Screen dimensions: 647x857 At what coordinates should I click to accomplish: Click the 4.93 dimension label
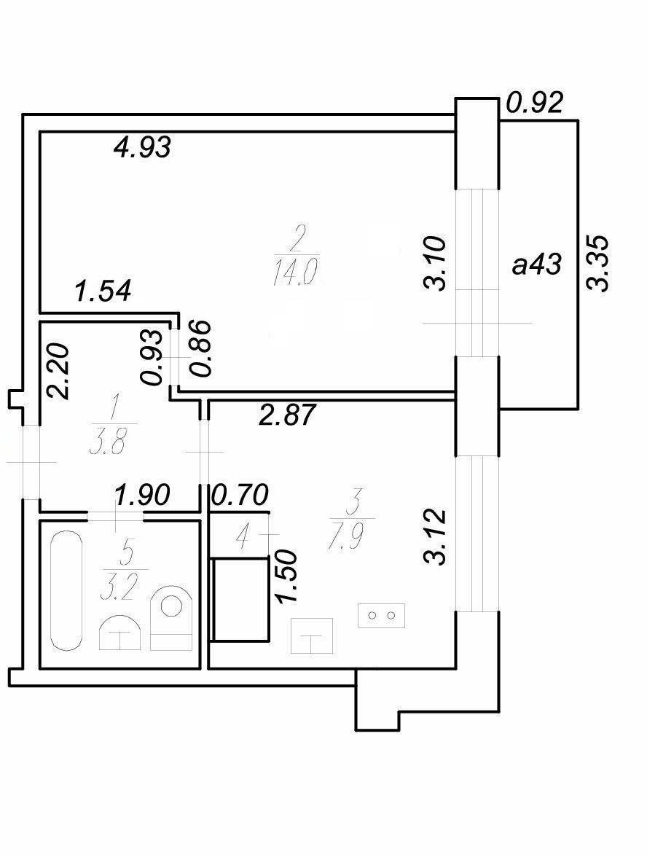coord(141,146)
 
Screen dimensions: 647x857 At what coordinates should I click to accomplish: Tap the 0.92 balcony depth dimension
coord(535,102)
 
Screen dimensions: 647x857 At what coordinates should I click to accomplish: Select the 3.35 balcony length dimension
coord(597,264)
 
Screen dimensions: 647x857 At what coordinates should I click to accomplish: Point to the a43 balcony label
coord(536,265)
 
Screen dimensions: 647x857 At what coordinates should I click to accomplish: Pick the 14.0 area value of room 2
coord(296,273)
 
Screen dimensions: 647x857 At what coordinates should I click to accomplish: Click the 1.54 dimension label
coord(103,290)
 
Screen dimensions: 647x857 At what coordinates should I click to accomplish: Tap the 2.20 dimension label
coord(58,371)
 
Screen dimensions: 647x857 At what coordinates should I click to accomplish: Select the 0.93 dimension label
coord(152,357)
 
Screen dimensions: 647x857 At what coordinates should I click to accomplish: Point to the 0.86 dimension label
coord(199,348)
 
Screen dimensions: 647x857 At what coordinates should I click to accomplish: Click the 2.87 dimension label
coord(287,415)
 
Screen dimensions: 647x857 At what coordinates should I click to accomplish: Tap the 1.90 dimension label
coord(141,495)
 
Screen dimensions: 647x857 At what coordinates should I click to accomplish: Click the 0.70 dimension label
coord(240,495)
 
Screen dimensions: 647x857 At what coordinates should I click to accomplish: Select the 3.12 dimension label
coord(435,536)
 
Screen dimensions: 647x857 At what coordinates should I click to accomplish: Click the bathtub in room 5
coord(66,592)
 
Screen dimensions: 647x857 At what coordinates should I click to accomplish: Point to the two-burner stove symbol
coord(382,615)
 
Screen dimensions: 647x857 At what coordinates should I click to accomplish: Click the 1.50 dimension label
coord(287,576)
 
